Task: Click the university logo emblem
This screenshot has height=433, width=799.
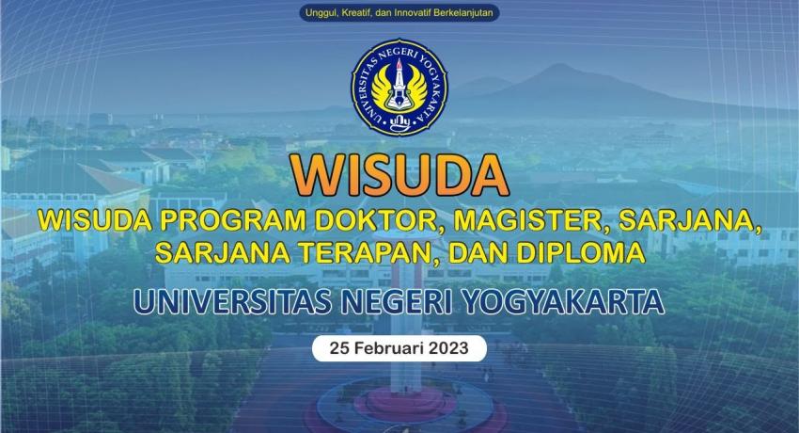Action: point(399,88)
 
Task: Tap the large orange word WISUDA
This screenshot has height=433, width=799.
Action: point(399,175)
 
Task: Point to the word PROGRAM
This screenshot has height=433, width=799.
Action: point(232,220)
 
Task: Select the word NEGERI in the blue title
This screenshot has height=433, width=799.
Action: point(396,301)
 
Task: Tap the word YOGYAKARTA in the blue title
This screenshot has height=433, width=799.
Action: point(563,301)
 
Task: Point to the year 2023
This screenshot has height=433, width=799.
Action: point(448,348)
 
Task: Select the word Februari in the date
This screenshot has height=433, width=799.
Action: point(389,348)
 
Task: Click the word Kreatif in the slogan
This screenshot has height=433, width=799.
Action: point(355,13)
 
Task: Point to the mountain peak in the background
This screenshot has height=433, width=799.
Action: point(559,65)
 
